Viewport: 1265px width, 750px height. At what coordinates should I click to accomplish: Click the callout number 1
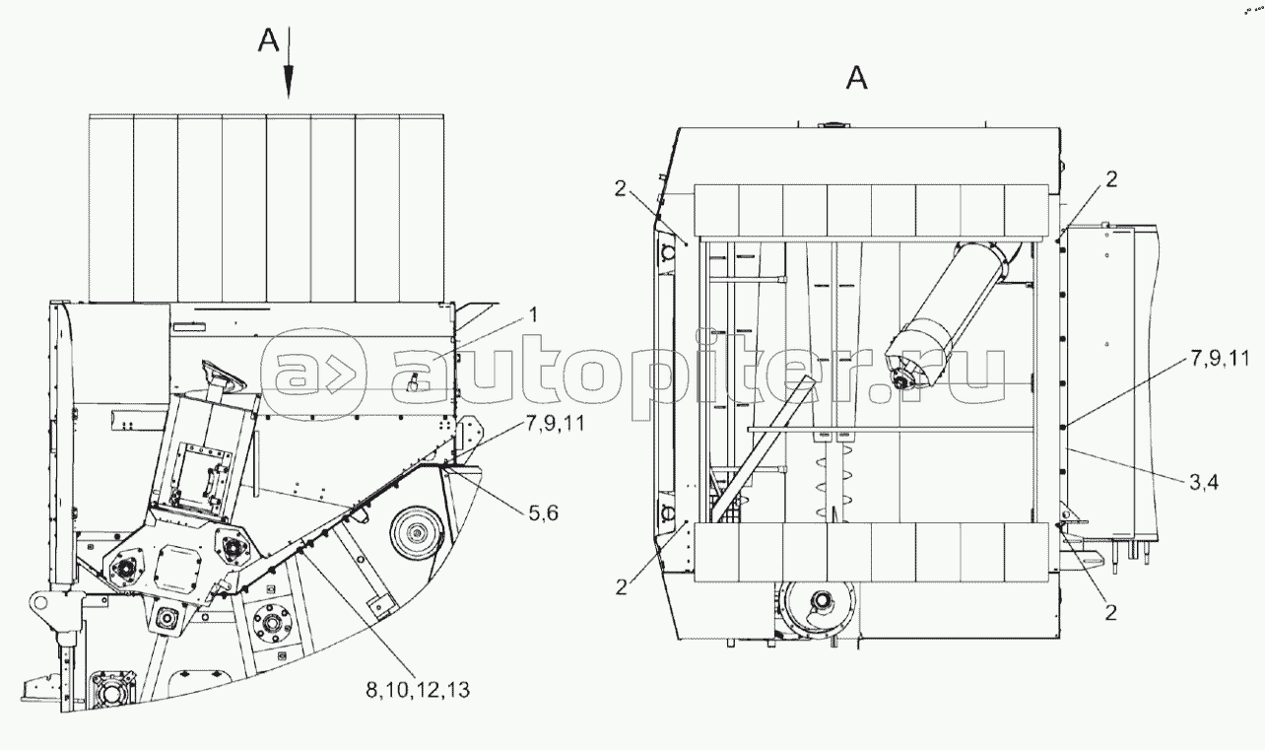pos(534,315)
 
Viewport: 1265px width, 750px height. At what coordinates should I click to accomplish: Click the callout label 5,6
pos(543,512)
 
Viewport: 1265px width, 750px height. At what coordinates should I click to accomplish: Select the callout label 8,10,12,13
pos(418,690)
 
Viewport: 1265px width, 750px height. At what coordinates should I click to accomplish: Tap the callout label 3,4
pos(1204,482)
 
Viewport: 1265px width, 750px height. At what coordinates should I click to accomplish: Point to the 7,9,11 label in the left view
pos(555,423)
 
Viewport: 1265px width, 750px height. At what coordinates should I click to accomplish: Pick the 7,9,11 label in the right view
pos(1221,358)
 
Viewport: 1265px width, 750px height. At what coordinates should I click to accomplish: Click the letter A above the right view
pos(857,78)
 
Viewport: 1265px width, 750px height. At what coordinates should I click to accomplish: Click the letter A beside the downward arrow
pos(269,40)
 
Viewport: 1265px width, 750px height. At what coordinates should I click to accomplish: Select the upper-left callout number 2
pos(621,188)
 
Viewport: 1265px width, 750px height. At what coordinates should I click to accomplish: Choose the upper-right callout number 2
pos(1111,179)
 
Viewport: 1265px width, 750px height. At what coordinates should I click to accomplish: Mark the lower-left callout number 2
pos(622,588)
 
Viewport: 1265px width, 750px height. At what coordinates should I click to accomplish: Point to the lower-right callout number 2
pos(1111,613)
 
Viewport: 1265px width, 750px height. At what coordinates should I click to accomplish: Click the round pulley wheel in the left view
pos(418,534)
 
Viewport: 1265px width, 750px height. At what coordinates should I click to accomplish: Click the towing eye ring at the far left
pos(40,601)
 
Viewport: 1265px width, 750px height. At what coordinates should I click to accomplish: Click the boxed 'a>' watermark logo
pos(313,374)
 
